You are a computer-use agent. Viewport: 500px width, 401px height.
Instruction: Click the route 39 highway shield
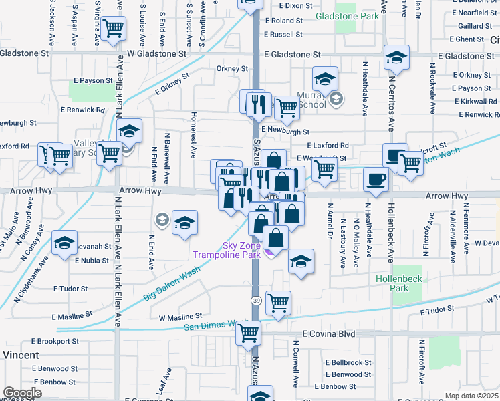[x=255, y=301]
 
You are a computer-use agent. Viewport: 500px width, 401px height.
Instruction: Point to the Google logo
[x=22, y=393]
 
